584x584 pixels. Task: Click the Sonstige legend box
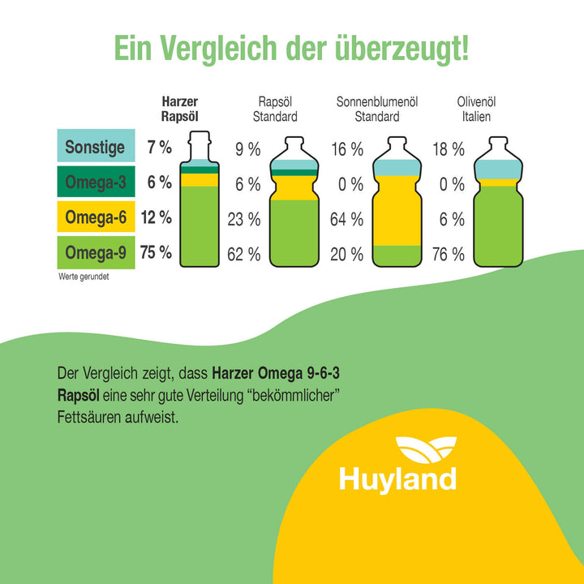95,147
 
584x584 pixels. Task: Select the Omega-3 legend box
95,182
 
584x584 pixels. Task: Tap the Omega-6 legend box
95,217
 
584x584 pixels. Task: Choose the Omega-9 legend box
95,253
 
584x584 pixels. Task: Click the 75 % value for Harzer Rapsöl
156,253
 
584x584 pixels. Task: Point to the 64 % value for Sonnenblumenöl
346,219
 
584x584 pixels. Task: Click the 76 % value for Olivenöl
447,255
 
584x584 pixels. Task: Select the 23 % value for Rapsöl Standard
243,219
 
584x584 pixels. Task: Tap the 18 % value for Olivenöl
447,149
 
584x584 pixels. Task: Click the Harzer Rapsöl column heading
179,109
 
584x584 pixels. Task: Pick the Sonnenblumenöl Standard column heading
376,109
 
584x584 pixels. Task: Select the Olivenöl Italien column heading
476,109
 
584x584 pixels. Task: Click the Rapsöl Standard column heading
277,109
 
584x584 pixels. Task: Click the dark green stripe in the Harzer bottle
200,170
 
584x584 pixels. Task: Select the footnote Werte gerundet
84,276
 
